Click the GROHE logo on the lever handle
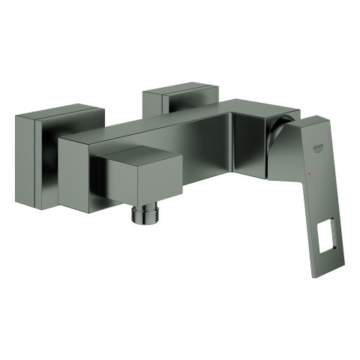coord(318,148)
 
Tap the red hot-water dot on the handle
coord(310,173)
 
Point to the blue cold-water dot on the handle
coord(332,166)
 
